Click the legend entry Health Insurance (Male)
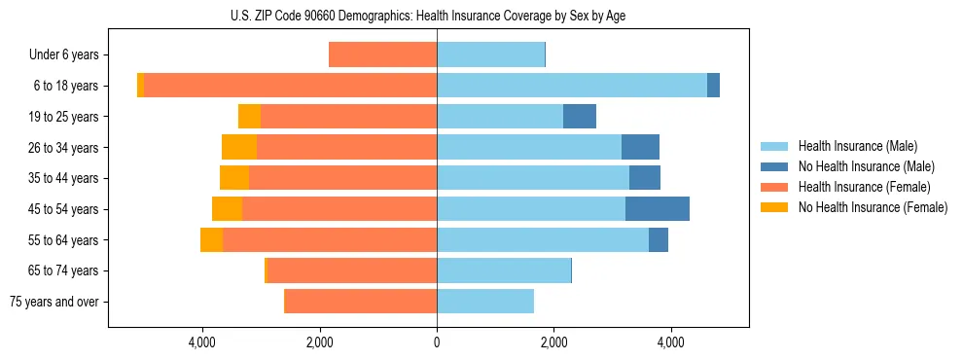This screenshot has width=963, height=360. pyautogui.click(x=856, y=146)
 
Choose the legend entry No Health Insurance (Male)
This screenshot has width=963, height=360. pyautogui.click(x=866, y=166)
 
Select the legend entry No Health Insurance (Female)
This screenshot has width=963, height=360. pyautogui.click(x=871, y=207)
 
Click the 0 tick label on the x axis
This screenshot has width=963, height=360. pyautogui.click(x=437, y=342)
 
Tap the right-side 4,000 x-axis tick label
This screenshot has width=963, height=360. pyautogui.click(x=670, y=342)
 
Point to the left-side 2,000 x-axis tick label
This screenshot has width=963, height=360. pyautogui.click(x=319, y=342)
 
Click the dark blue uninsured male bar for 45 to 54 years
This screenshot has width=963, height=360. pyautogui.click(x=658, y=209)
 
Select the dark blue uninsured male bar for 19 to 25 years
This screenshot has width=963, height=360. pyautogui.click(x=580, y=117)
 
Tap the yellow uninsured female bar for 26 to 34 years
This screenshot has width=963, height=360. pyautogui.click(x=239, y=147)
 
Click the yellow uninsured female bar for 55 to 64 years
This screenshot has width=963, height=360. pyautogui.click(x=211, y=239)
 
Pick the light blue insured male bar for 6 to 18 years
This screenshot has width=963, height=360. pyautogui.click(x=572, y=86)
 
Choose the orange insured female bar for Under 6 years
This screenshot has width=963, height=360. pyautogui.click(x=382, y=55)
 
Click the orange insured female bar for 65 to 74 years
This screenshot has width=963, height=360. pyautogui.click(x=352, y=270)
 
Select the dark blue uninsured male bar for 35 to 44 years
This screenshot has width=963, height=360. pyautogui.click(x=645, y=178)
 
